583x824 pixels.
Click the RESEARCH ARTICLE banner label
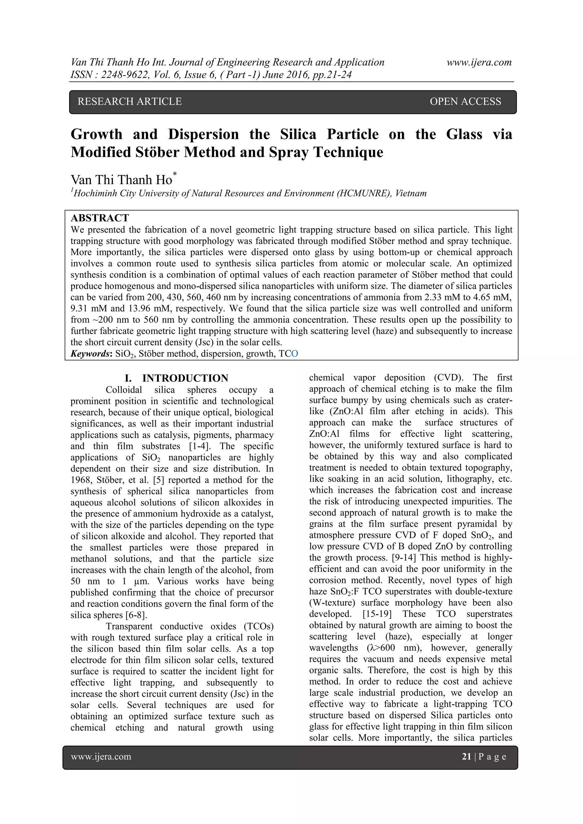coord(130,102)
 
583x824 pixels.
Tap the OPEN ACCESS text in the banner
coord(465,102)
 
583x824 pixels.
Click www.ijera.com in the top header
coord(479,62)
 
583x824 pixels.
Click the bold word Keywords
coord(91,354)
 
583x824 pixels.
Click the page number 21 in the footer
coord(466,757)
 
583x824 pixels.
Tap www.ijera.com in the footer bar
coord(101,757)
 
